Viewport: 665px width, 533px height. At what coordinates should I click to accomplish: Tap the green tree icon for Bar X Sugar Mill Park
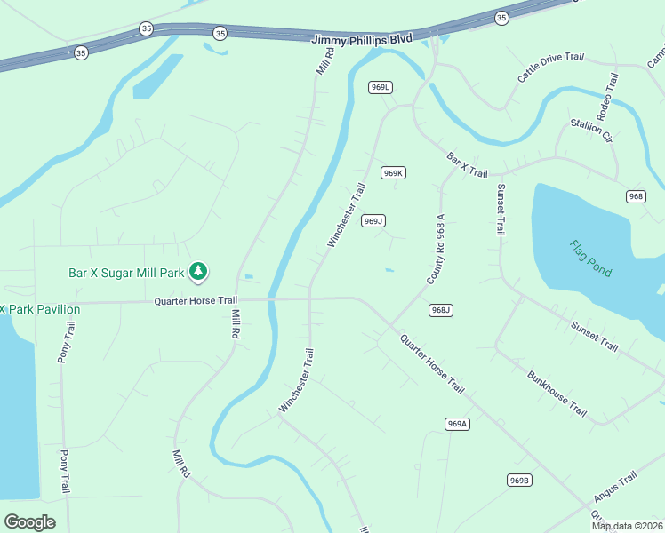[199, 273]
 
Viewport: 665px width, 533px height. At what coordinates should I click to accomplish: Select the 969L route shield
[381, 87]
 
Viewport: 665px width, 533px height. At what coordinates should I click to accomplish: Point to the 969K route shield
[393, 173]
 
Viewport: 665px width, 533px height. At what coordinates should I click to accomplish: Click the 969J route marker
[373, 221]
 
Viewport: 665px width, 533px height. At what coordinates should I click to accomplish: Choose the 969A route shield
[457, 425]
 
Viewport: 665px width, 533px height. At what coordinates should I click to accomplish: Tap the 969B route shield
[520, 481]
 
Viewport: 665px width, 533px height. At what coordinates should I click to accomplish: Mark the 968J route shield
[441, 310]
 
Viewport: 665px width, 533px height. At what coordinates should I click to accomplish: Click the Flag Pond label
[590, 259]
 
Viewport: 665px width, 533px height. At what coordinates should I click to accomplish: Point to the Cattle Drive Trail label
[551, 68]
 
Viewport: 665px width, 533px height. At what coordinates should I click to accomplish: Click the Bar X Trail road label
[467, 164]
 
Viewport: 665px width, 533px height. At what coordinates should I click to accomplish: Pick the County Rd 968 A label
[435, 249]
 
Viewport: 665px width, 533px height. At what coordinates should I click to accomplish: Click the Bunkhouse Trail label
[557, 394]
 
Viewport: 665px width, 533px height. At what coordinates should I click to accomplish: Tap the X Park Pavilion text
[40, 309]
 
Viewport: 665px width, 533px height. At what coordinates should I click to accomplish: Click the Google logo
[29, 521]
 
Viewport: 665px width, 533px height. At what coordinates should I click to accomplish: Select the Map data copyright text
[627, 526]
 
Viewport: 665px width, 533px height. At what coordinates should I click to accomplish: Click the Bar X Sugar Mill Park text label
[127, 273]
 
